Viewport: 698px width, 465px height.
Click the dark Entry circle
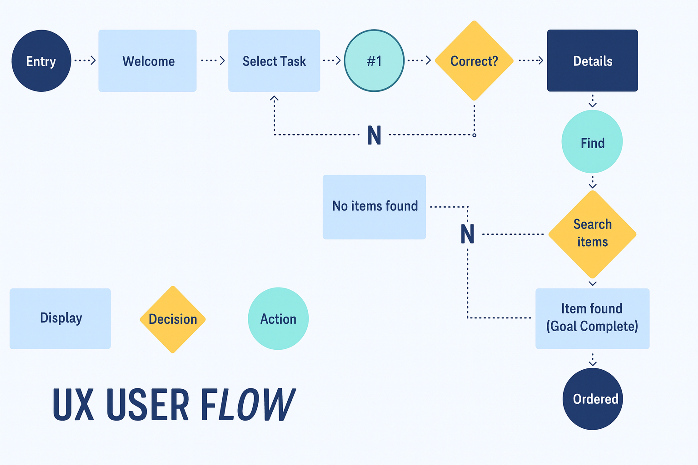[x=41, y=61]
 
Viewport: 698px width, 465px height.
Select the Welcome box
[x=147, y=61]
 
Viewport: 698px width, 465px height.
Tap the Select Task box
[x=274, y=61]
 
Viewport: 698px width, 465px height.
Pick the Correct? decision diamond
[x=474, y=61]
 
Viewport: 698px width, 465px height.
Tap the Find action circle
[x=592, y=142]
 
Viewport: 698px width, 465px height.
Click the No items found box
[x=374, y=207]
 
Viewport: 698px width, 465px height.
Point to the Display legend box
[x=60, y=318]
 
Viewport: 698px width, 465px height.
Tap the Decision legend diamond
[x=173, y=319]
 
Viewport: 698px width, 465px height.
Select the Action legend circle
[x=278, y=318]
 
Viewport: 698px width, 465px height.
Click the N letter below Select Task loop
[x=374, y=135]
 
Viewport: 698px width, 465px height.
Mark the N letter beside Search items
[x=467, y=234]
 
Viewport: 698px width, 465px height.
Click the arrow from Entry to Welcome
[x=85, y=60]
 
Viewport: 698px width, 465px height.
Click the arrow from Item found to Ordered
[x=592, y=359]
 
